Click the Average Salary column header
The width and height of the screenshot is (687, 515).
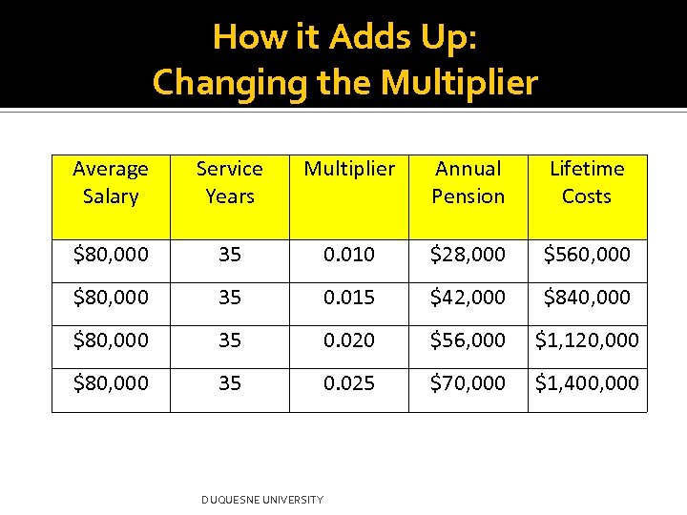click(x=111, y=182)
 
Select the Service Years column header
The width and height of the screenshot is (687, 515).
click(x=229, y=182)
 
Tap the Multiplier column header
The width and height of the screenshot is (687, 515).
click(x=349, y=169)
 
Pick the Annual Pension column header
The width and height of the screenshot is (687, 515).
click(x=468, y=182)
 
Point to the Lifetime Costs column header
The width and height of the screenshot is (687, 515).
click(x=587, y=182)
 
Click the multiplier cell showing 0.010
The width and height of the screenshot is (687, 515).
click(x=349, y=255)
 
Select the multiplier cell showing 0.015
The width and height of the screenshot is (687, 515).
click(x=349, y=298)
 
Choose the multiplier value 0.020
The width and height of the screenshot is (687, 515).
click(x=349, y=340)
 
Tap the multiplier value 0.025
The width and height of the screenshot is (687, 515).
click(x=349, y=383)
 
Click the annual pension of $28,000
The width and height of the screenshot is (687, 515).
click(x=468, y=255)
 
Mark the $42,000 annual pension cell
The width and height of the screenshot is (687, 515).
click(x=468, y=298)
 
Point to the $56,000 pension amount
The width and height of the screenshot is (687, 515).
click(x=468, y=340)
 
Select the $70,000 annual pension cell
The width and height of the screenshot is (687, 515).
click(x=468, y=383)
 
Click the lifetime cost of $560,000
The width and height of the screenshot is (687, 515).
click(x=587, y=255)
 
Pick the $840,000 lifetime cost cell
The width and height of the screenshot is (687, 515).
click(x=587, y=298)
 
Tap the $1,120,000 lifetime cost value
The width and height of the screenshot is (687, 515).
click(x=587, y=340)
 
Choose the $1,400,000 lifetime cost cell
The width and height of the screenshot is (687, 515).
click(x=587, y=383)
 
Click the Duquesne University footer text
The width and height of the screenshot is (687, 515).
click(x=262, y=500)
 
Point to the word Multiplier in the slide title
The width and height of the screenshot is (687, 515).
click(x=459, y=84)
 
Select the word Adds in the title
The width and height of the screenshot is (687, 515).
click(x=367, y=37)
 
